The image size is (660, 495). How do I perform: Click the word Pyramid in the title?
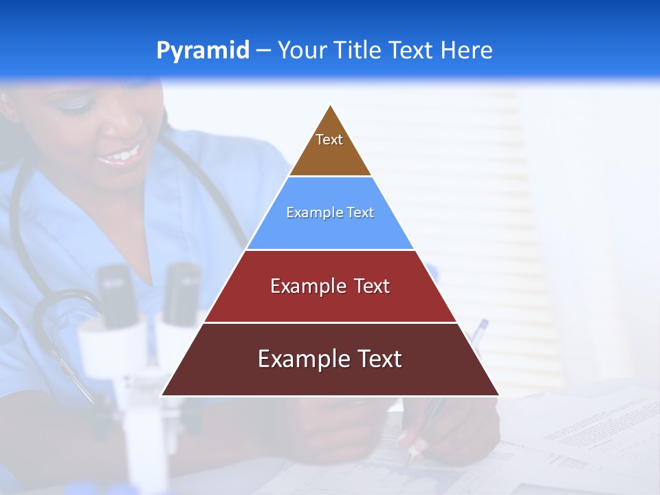[x=202, y=51]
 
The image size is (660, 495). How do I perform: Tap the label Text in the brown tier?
[x=329, y=140]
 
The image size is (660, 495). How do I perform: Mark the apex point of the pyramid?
[x=331, y=106]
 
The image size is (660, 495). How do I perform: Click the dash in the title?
[x=263, y=51]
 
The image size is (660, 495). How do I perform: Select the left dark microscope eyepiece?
[x=115, y=296]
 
